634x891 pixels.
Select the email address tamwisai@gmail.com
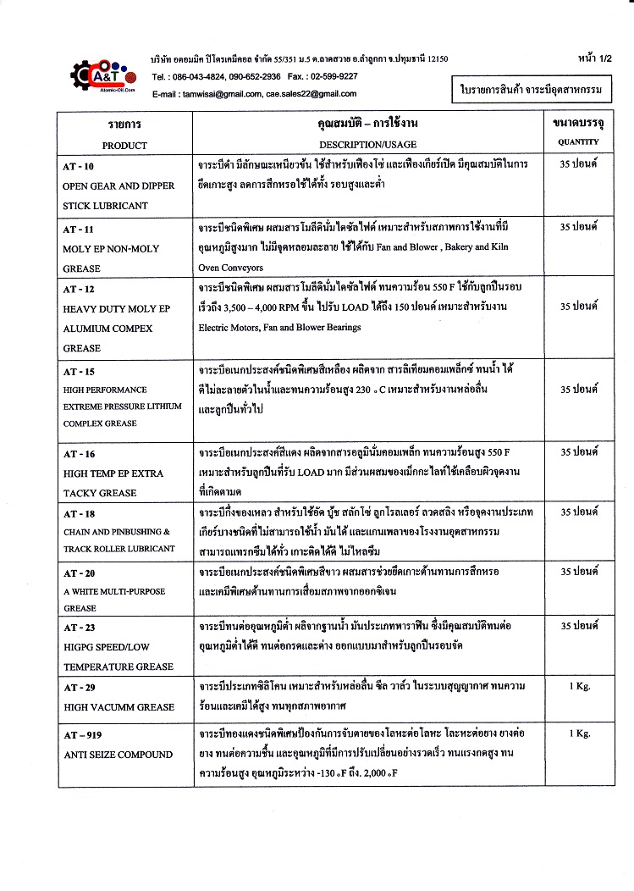tap(221, 93)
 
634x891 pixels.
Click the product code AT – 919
tap(82, 733)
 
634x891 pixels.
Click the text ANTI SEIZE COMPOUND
tap(118, 754)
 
